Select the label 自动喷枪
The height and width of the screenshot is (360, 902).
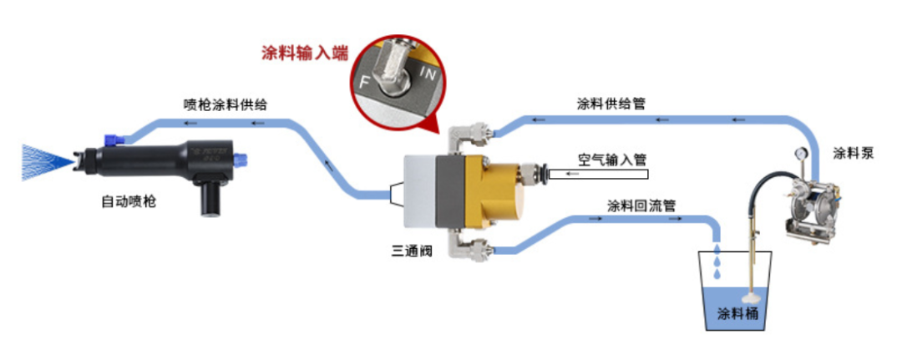pyautogui.click(x=129, y=201)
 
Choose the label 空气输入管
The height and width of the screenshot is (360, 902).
pyautogui.click(x=612, y=158)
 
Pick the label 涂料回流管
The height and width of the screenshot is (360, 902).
pyautogui.click(x=641, y=205)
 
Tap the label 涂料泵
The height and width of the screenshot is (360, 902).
pyautogui.click(x=854, y=154)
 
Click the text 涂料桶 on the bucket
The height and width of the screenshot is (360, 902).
pyautogui.click(x=737, y=315)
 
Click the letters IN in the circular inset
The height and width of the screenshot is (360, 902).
pyautogui.click(x=428, y=75)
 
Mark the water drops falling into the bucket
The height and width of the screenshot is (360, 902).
pyautogui.click(x=717, y=261)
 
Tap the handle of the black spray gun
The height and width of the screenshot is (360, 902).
pyautogui.click(x=210, y=198)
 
